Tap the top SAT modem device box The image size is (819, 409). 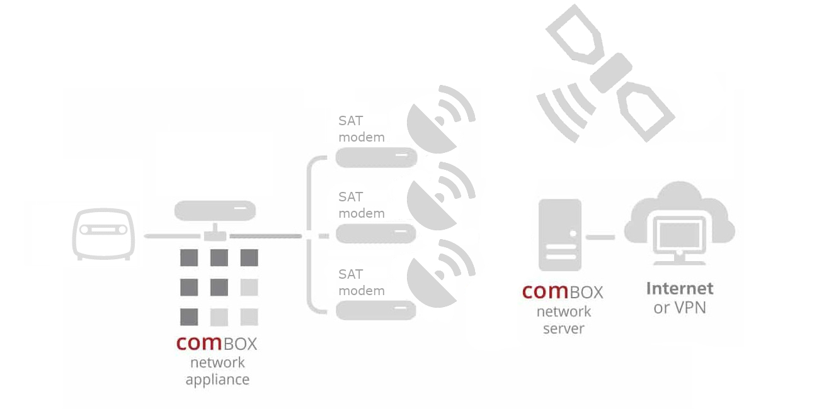point(376,157)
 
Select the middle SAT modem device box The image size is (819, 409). point(376,234)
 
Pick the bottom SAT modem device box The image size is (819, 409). point(376,310)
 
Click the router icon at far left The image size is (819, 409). point(103,233)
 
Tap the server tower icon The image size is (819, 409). point(559,234)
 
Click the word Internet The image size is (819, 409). point(680,289)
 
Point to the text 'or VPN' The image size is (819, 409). point(680,308)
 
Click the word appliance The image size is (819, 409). point(217,380)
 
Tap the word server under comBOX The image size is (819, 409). point(563,328)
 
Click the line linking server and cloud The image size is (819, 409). point(600,237)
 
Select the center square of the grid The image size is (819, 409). point(219,288)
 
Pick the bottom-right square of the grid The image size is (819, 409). point(249,317)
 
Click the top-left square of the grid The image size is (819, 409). point(189,258)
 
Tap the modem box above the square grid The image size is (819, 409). point(215,210)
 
